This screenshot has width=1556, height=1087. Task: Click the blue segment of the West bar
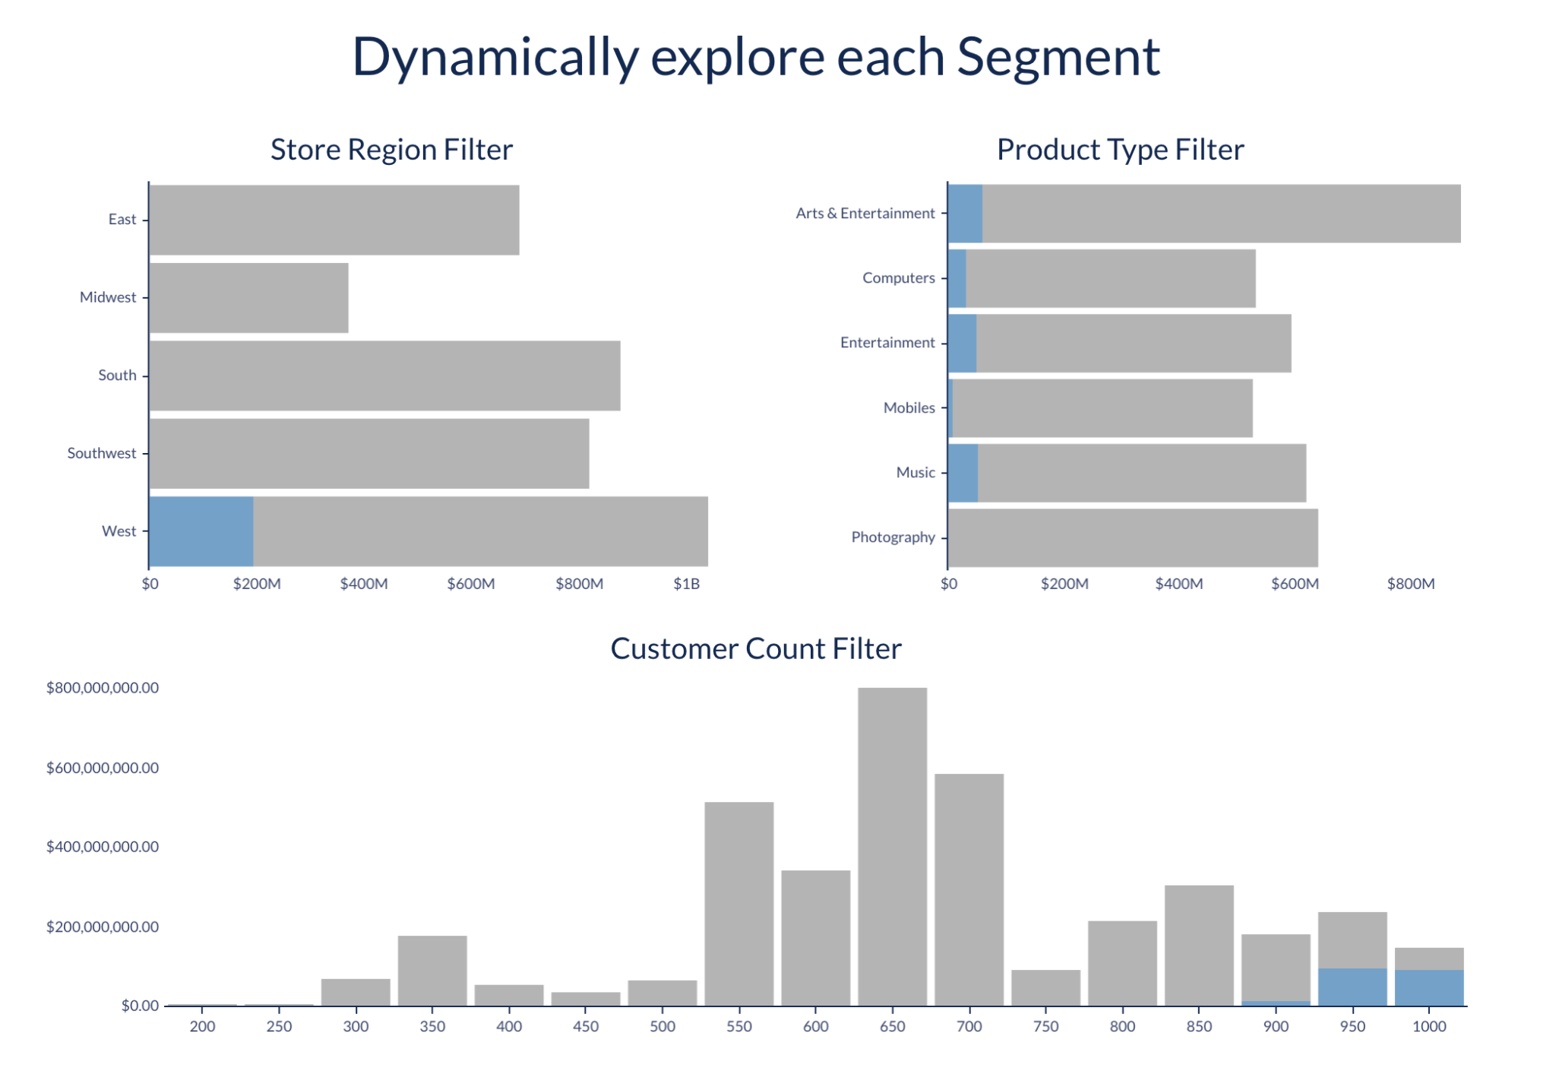click(x=201, y=531)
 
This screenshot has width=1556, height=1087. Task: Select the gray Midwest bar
click(x=249, y=297)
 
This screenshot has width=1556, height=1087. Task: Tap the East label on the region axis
click(x=122, y=220)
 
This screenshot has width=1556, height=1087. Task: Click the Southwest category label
click(x=102, y=453)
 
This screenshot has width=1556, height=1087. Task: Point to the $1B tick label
click(x=686, y=584)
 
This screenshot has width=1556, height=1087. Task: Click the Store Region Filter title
click(x=391, y=150)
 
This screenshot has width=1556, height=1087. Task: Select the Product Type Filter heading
click(x=1120, y=150)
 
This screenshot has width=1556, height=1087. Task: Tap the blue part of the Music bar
click(x=963, y=473)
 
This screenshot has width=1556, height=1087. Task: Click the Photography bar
click(x=1133, y=537)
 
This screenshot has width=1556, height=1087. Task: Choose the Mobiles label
click(x=909, y=408)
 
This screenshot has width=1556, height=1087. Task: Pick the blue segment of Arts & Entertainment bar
click(x=966, y=214)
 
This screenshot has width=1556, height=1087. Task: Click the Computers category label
click(x=898, y=278)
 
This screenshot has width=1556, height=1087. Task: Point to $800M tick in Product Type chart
click(x=1410, y=584)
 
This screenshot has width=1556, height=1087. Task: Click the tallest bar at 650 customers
click(x=892, y=846)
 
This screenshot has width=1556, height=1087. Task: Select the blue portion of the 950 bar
click(x=1352, y=987)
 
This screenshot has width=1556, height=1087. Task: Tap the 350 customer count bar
click(x=432, y=971)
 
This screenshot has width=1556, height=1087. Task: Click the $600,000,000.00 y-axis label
click(x=103, y=768)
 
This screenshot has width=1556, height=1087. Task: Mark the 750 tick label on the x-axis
click(x=1045, y=1026)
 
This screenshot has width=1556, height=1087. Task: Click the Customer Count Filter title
click(x=756, y=648)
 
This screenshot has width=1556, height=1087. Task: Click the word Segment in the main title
click(x=1058, y=59)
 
